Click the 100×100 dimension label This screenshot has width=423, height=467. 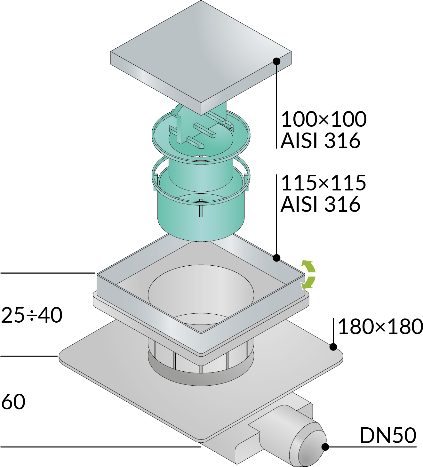coord(324,119)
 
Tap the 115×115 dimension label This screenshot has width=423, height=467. coord(324,183)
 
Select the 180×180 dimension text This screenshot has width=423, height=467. coord(380,326)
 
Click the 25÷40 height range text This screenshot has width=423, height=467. coord(32,315)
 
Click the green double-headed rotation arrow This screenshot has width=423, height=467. coord(308,275)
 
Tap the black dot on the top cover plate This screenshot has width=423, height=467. coord(276,61)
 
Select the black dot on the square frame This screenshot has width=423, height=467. coord(276,258)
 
